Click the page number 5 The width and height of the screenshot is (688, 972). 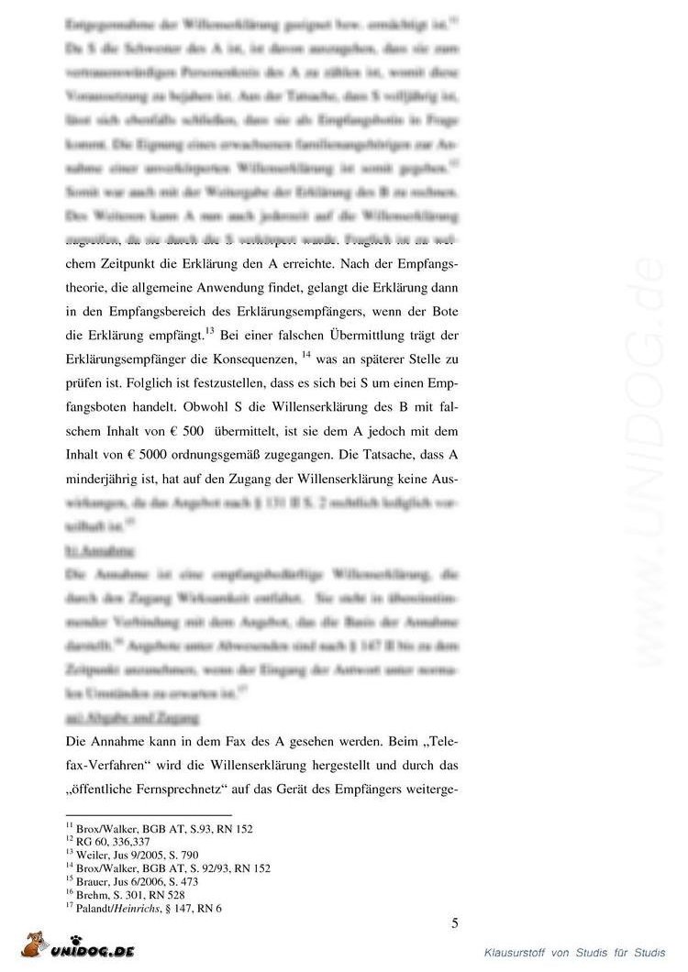coord(455,922)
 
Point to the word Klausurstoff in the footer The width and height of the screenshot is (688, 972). coord(516,955)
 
